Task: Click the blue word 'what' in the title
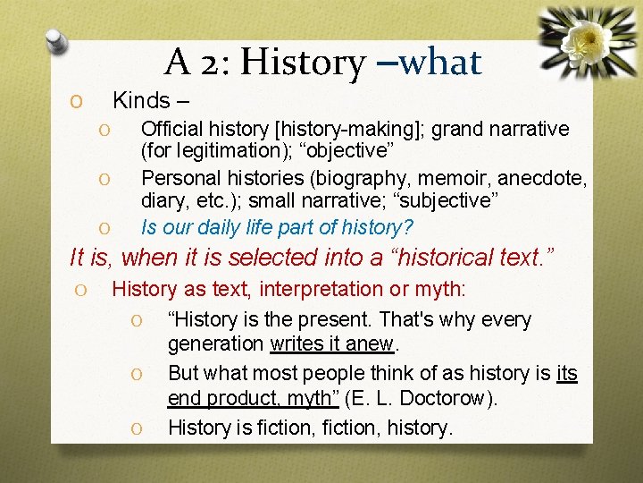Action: pos(440,62)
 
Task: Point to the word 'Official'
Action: pos(173,130)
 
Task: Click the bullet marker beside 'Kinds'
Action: pos(78,101)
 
